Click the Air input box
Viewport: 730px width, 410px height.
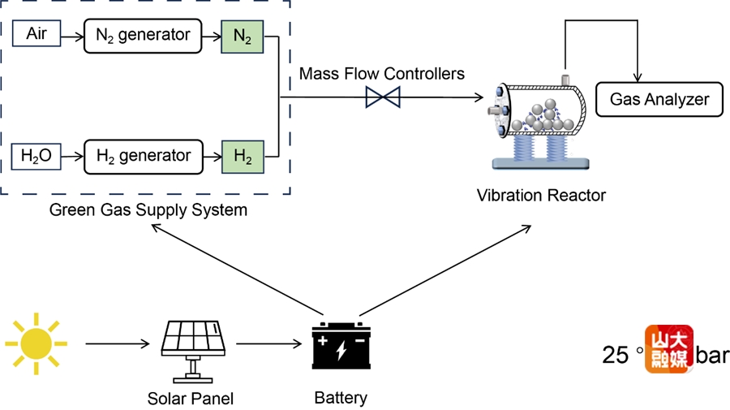click(x=36, y=33)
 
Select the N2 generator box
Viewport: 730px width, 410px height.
click(x=143, y=35)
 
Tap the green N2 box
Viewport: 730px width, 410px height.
click(x=243, y=37)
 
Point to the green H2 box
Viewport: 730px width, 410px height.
click(x=243, y=156)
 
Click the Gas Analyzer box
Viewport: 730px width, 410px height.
click(x=659, y=100)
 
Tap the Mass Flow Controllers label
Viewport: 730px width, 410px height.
click(x=381, y=74)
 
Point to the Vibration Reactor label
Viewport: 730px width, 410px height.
click(x=540, y=196)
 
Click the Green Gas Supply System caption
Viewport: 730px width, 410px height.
click(x=148, y=211)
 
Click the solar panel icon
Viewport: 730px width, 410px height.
click(x=193, y=347)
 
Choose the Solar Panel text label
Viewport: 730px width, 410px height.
click(x=191, y=399)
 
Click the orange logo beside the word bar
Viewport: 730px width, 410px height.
click(x=669, y=349)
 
